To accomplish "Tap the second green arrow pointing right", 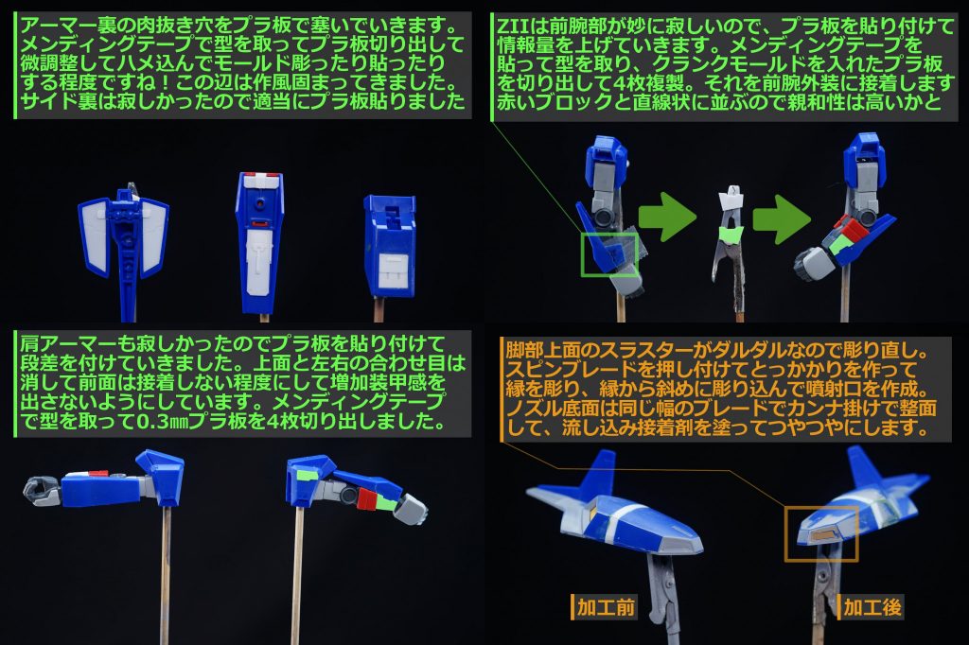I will tap(784, 217).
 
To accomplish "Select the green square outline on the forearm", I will tap(608, 250).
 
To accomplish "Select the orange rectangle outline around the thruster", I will tap(820, 533).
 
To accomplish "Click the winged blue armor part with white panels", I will tap(126, 236).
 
